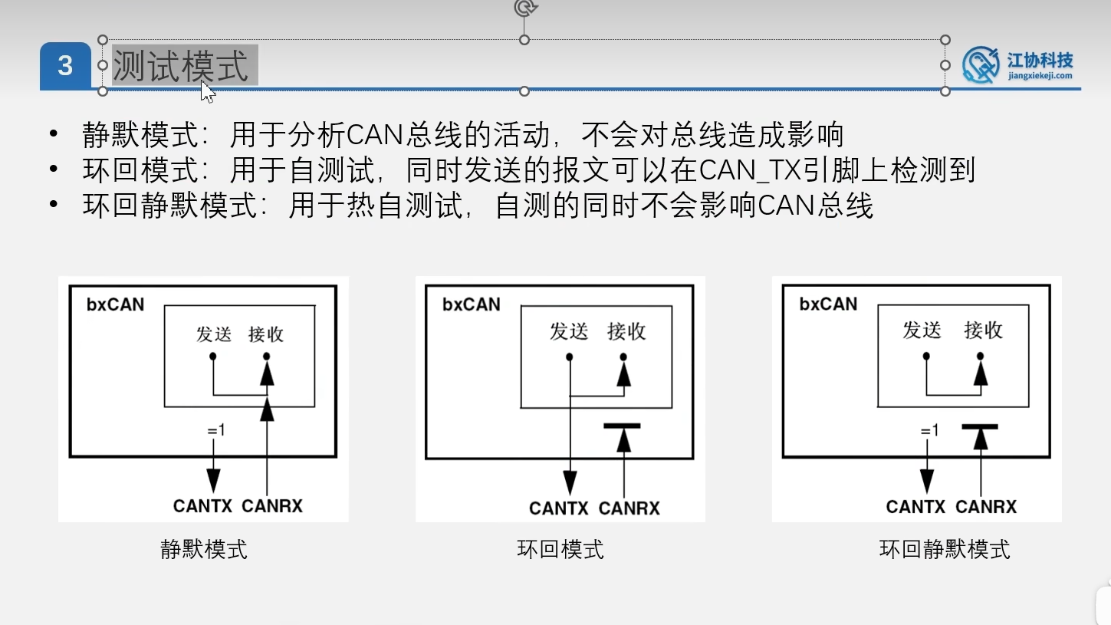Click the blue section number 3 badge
(x=65, y=66)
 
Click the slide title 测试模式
(x=181, y=65)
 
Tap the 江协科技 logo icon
(x=981, y=64)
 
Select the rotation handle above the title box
(x=524, y=8)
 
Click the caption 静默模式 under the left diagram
(x=204, y=549)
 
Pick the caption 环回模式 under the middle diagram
(x=560, y=549)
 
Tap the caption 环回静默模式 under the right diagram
(x=945, y=549)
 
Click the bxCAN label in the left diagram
(x=115, y=304)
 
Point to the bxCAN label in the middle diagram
(x=471, y=304)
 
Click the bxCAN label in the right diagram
(x=828, y=304)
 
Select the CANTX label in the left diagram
(x=203, y=506)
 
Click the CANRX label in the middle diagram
(x=629, y=508)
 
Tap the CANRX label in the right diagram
(x=986, y=507)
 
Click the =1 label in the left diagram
(x=215, y=430)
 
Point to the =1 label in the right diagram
(x=929, y=431)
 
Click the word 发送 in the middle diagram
(x=569, y=331)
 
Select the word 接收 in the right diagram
(x=983, y=330)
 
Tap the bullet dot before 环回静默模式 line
(x=53, y=205)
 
